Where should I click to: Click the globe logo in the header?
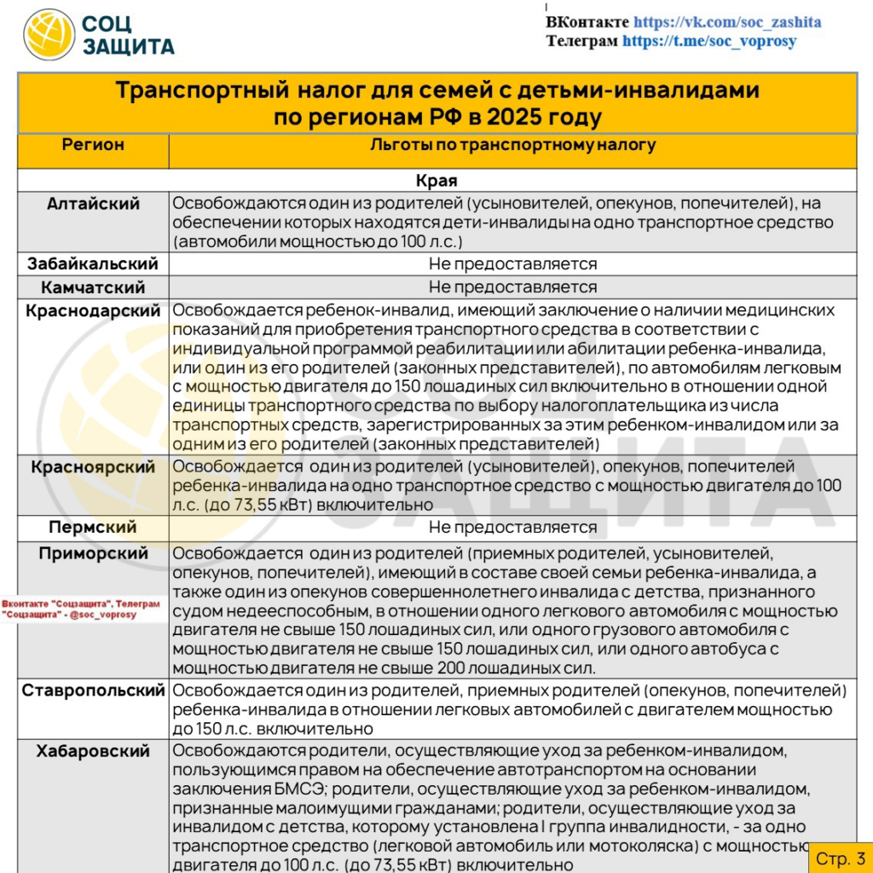click(49, 35)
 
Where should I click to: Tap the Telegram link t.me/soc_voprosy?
click(709, 40)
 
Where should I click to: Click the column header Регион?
click(93, 145)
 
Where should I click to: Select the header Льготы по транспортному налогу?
click(512, 145)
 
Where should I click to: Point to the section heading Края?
click(436, 181)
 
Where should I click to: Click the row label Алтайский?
click(93, 204)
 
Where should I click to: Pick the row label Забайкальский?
click(93, 264)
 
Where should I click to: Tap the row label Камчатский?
click(93, 287)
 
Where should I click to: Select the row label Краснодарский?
click(93, 311)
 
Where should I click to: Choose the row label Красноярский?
click(93, 467)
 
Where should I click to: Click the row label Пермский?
click(93, 527)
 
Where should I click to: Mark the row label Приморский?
click(93, 553)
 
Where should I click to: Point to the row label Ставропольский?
click(93, 690)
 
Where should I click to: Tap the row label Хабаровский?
click(93, 751)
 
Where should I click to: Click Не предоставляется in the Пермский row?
click(512, 527)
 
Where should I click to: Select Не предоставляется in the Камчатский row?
click(512, 287)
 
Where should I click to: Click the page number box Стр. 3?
click(840, 858)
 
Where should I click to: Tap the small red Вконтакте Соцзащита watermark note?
click(81, 609)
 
